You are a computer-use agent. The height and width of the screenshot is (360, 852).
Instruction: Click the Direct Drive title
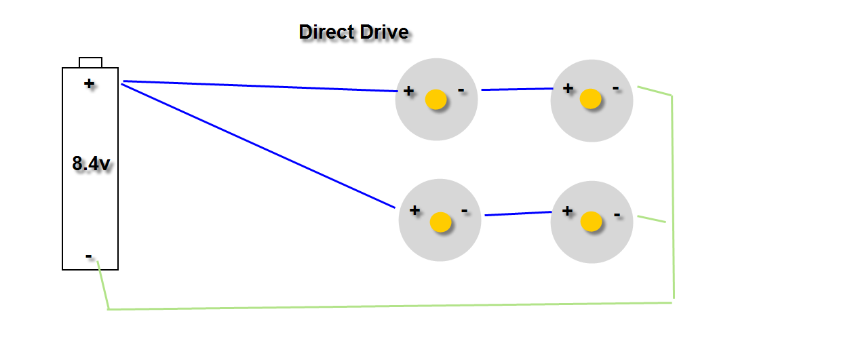[353, 32]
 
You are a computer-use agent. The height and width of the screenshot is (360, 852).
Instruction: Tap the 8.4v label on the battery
[91, 163]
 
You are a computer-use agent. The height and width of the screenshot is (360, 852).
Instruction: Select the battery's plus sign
[89, 83]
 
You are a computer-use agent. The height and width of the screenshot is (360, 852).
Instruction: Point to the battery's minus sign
[89, 256]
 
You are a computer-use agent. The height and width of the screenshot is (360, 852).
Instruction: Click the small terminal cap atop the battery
[90, 62]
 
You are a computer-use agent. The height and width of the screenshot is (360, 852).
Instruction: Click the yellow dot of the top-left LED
[436, 100]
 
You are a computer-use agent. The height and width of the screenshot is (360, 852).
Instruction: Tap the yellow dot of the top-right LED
[591, 99]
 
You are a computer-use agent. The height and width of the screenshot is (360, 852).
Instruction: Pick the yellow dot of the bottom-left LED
[441, 222]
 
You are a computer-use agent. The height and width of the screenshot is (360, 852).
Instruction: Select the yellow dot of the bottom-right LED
[591, 221]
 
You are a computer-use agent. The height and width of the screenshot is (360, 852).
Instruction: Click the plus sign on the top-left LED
[408, 91]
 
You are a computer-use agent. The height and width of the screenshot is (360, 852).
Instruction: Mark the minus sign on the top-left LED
[461, 89]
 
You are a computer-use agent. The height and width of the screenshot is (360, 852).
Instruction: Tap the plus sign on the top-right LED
[568, 88]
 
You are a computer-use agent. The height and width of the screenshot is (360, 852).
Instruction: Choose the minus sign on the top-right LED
[615, 87]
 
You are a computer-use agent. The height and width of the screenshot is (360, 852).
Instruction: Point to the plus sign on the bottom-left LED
[414, 210]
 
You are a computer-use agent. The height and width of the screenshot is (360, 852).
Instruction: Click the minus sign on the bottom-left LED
[464, 211]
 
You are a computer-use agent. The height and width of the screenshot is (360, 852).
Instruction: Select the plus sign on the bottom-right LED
[567, 211]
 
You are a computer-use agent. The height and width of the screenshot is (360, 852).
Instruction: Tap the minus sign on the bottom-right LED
[617, 215]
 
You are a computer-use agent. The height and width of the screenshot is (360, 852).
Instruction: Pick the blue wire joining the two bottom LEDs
[518, 214]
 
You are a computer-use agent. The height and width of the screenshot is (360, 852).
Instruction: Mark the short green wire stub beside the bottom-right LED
[651, 219]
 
